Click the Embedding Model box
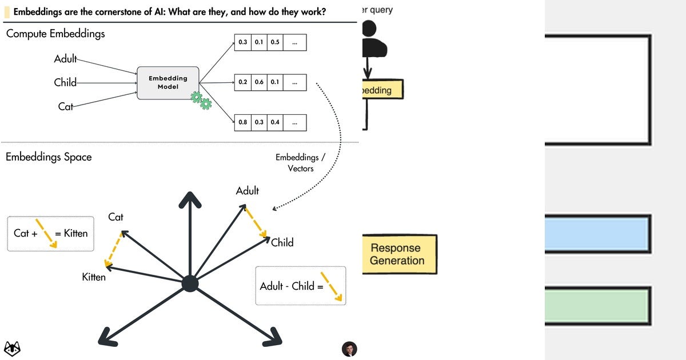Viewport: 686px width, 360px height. coord(167,83)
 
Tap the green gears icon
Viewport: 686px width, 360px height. coord(201,101)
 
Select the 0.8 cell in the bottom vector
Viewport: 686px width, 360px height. coord(243,122)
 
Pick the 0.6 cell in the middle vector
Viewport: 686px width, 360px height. coord(259,82)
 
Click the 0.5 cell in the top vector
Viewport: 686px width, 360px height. coord(275,42)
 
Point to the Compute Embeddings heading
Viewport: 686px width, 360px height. coord(55,34)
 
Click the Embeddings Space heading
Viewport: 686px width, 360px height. coord(49,157)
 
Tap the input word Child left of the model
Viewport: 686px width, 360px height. coord(65,82)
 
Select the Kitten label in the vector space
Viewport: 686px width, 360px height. coord(94,277)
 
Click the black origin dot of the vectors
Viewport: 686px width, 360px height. coord(190,283)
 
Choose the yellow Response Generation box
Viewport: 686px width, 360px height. coord(399,254)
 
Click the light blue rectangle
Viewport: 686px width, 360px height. coord(597,234)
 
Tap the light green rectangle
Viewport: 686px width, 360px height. coord(597,305)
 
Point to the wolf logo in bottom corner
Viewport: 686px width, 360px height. coord(12,348)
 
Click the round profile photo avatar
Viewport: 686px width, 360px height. coord(349,349)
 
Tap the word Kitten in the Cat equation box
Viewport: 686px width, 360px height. coord(75,233)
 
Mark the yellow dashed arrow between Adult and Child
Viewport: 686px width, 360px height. coord(256,222)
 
